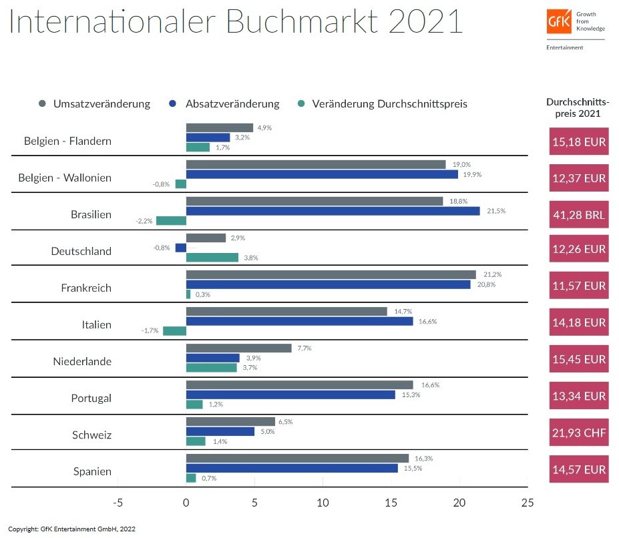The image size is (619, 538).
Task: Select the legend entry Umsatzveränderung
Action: tap(94, 103)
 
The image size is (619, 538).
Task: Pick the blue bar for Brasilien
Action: tap(333, 211)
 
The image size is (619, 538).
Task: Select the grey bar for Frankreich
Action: tap(331, 274)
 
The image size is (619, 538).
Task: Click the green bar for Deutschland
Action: tap(212, 258)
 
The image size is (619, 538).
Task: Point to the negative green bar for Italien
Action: tap(174, 330)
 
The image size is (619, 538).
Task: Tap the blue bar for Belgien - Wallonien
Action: tap(322, 174)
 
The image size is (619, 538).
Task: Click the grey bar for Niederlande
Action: tap(238, 348)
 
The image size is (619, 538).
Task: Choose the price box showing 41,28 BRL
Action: tap(578, 215)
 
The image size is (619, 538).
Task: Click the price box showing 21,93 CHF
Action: tap(578, 433)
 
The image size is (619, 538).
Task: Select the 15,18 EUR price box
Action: tap(578, 142)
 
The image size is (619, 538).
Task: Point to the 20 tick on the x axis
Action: tap(459, 503)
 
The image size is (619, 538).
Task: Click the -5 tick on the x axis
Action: tap(118, 503)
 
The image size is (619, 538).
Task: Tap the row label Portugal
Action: tap(91, 398)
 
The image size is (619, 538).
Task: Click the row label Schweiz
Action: tap(91, 435)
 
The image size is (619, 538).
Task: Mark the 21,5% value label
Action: tap(497, 211)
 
